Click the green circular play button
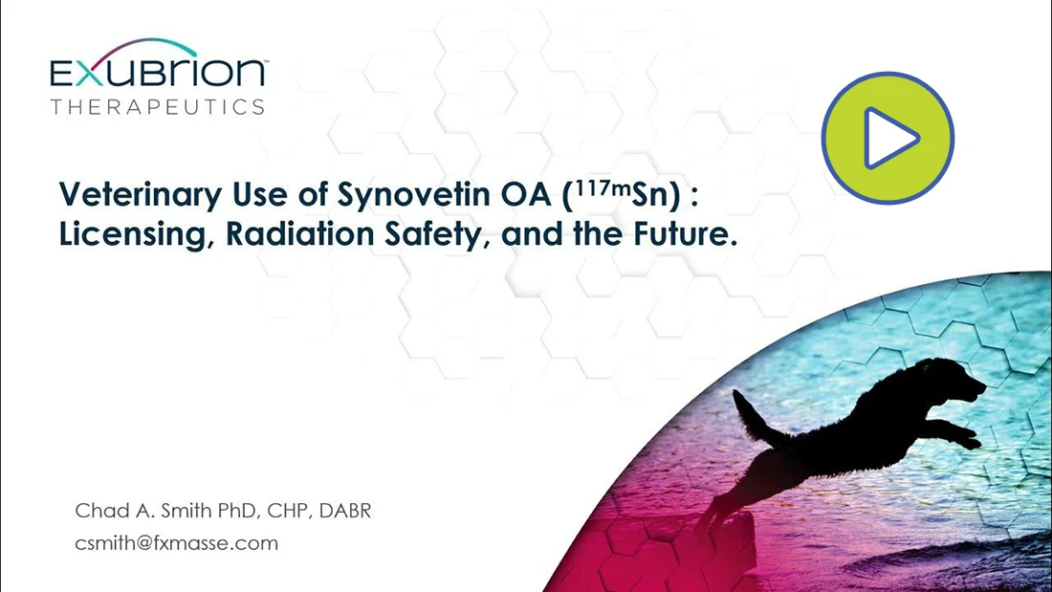888,139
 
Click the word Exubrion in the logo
159,71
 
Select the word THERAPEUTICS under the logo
158,107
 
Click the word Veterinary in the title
141,195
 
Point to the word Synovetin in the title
414,194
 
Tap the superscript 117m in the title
603,187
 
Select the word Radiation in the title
300,233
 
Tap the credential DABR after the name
345,511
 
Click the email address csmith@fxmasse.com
177,543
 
